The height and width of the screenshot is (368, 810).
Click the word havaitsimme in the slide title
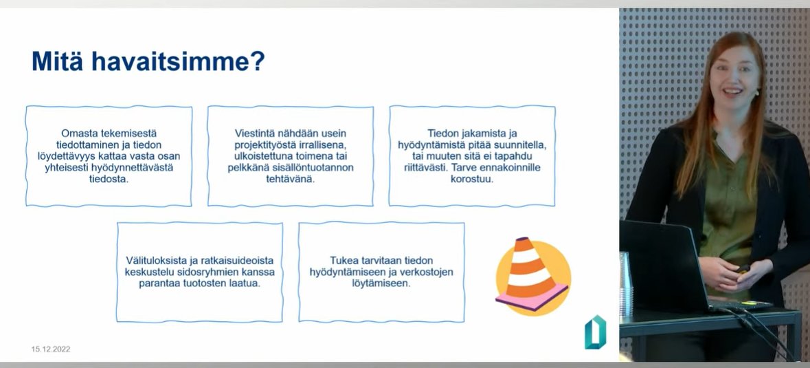(177, 62)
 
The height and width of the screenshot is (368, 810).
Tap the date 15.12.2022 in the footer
(51, 349)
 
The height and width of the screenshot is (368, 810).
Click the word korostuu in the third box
(471, 179)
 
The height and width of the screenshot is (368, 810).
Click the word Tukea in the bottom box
(345, 260)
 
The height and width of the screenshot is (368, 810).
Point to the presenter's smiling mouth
(732, 91)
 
